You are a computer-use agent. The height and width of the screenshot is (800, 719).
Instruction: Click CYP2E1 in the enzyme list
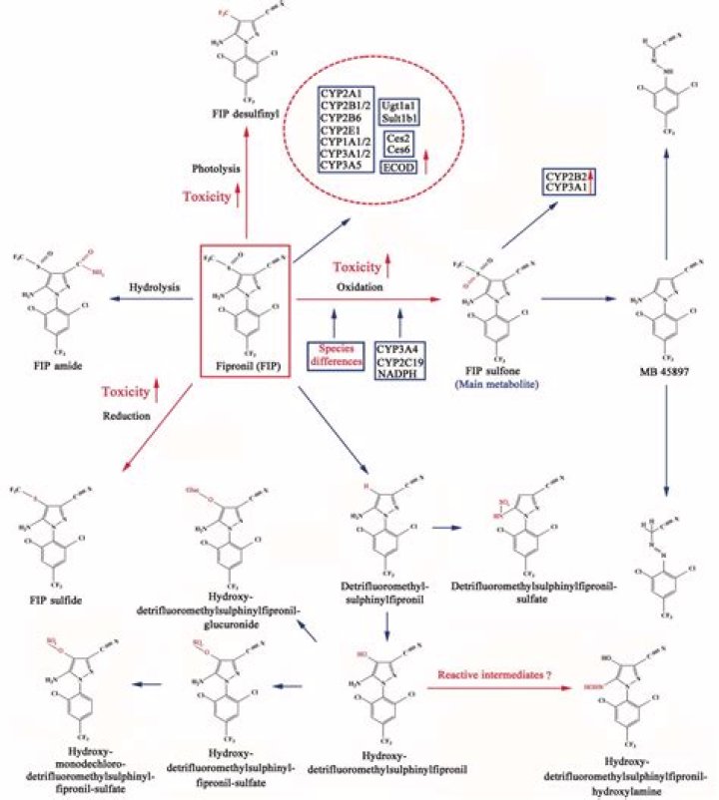[344, 130]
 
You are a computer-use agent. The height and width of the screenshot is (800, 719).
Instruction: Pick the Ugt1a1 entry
[399, 105]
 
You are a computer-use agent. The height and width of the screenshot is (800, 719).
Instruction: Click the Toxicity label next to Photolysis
[206, 198]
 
